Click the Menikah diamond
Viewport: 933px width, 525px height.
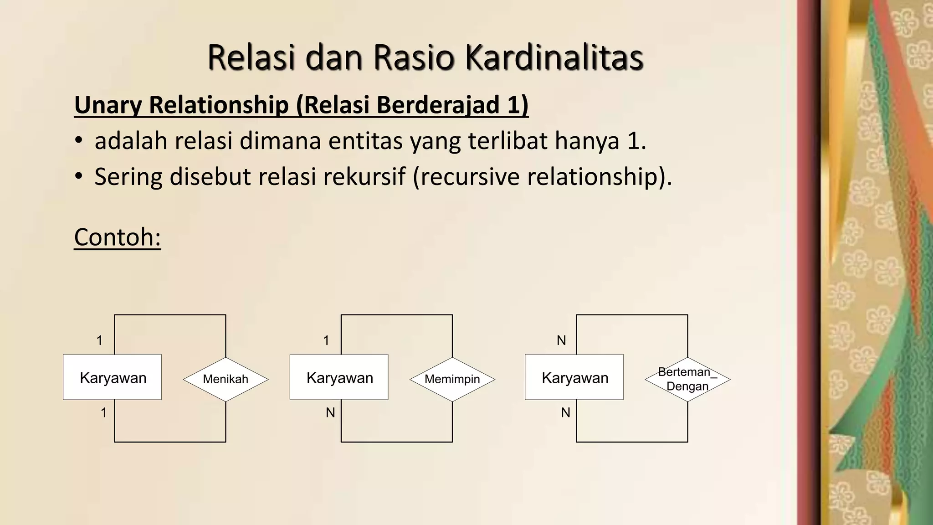226,379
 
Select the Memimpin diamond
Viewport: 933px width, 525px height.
452,379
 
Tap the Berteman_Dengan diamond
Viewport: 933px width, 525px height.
687,379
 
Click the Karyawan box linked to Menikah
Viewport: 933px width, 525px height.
113,377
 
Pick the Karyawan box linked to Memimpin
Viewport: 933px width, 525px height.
339,377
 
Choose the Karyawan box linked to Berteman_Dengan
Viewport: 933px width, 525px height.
574,377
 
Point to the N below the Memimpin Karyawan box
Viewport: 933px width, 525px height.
330,413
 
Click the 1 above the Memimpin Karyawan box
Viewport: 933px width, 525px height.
326,340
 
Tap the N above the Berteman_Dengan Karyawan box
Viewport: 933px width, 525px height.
561,340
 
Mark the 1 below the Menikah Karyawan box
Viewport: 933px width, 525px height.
104,413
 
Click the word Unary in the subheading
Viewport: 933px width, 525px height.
108,105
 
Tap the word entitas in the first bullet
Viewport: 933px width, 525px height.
365,141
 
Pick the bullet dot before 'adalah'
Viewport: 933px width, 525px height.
79,141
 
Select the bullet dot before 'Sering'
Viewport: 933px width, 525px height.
79,176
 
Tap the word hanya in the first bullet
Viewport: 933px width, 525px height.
587,141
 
